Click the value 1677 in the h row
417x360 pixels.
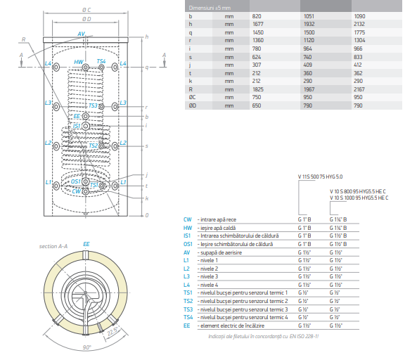(257, 24)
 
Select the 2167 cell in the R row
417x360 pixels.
(359, 89)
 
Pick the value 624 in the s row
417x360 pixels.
(257, 57)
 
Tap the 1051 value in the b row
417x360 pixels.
(309, 16)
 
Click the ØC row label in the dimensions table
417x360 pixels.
(192, 97)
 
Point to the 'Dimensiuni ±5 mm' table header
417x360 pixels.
(210, 8)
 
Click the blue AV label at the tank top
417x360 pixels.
(81, 34)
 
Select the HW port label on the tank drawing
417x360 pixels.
(79, 62)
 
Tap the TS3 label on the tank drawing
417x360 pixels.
(93, 105)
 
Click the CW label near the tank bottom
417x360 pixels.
(76, 191)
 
